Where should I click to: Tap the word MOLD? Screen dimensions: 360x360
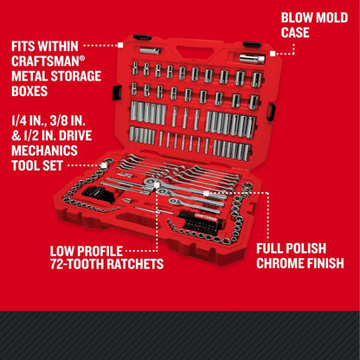[x=334, y=18]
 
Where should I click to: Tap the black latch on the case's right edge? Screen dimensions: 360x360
[x=271, y=111]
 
